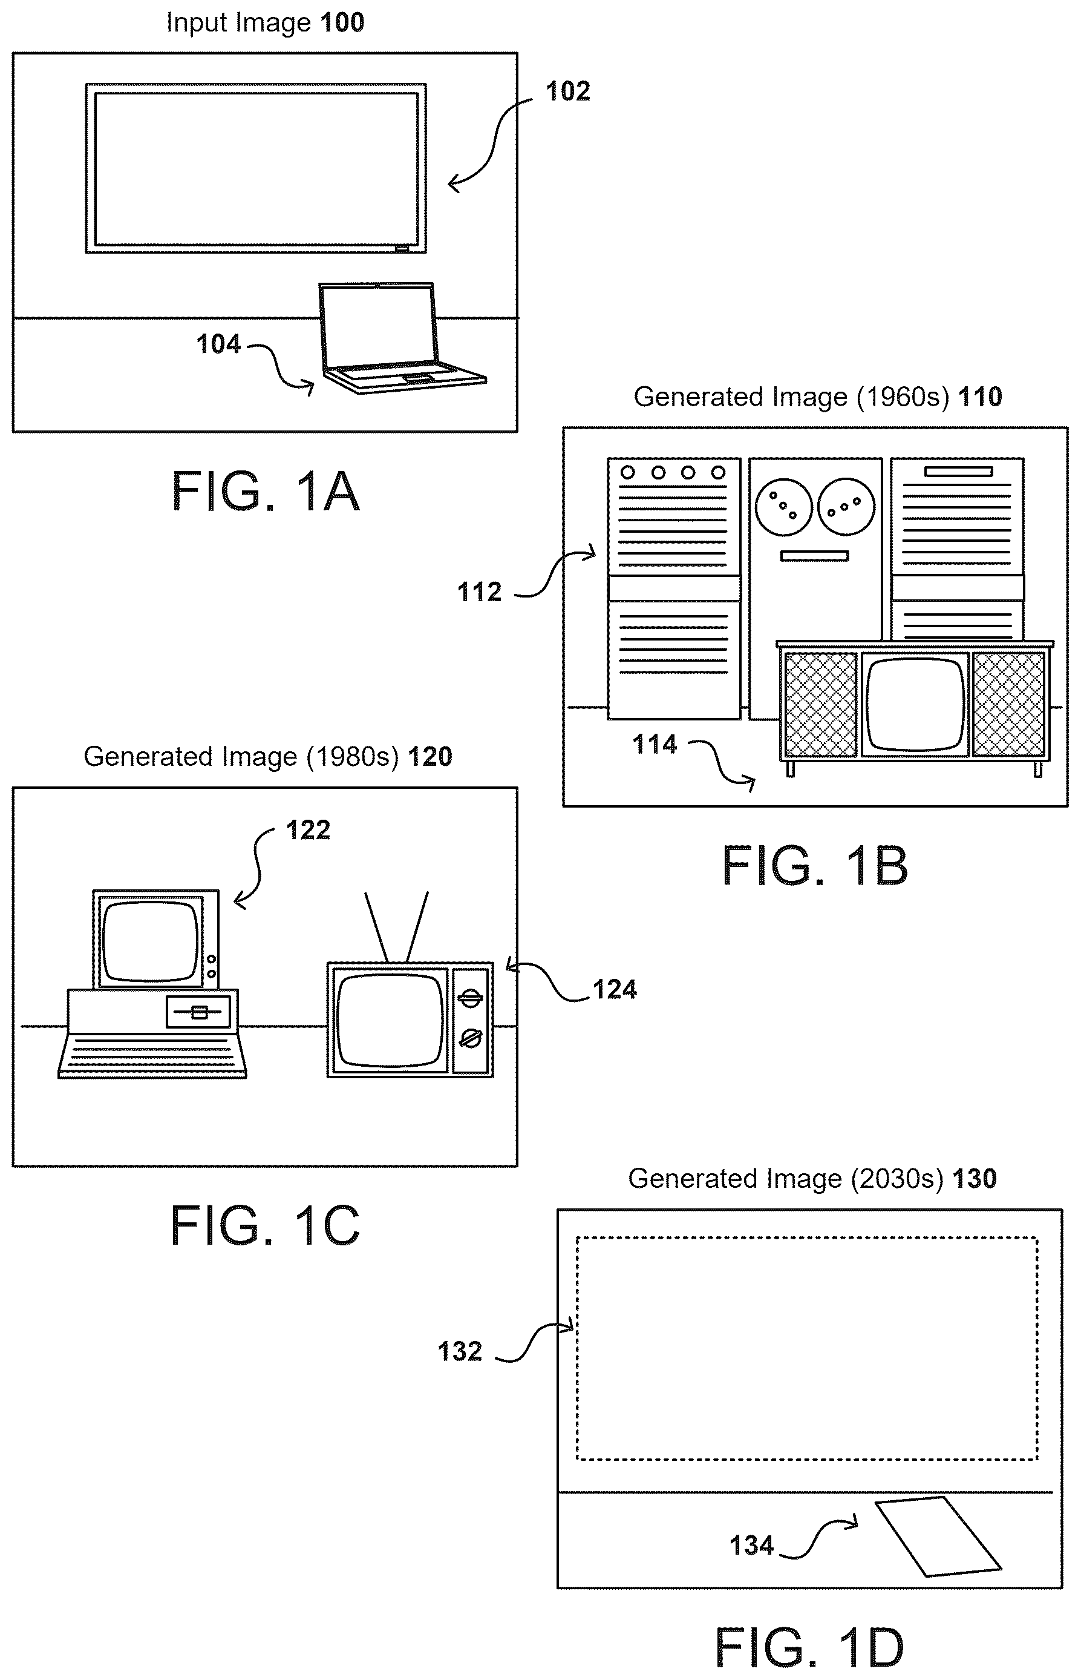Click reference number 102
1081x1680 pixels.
coord(568,91)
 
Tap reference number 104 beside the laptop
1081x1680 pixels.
coord(218,344)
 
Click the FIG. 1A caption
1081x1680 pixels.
coord(266,491)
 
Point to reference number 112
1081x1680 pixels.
coord(480,592)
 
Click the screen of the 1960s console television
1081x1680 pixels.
coord(915,705)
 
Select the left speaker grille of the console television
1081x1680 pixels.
coord(820,705)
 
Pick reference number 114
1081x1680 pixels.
coord(654,745)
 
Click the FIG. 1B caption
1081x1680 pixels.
coord(815,865)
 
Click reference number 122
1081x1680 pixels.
coord(307,830)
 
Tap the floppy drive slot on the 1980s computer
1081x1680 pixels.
coord(198,1012)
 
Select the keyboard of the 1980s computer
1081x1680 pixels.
coord(152,1055)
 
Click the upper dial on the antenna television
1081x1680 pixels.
coord(470,997)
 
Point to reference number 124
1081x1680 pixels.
coord(614,990)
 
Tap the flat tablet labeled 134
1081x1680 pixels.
coord(938,1537)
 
